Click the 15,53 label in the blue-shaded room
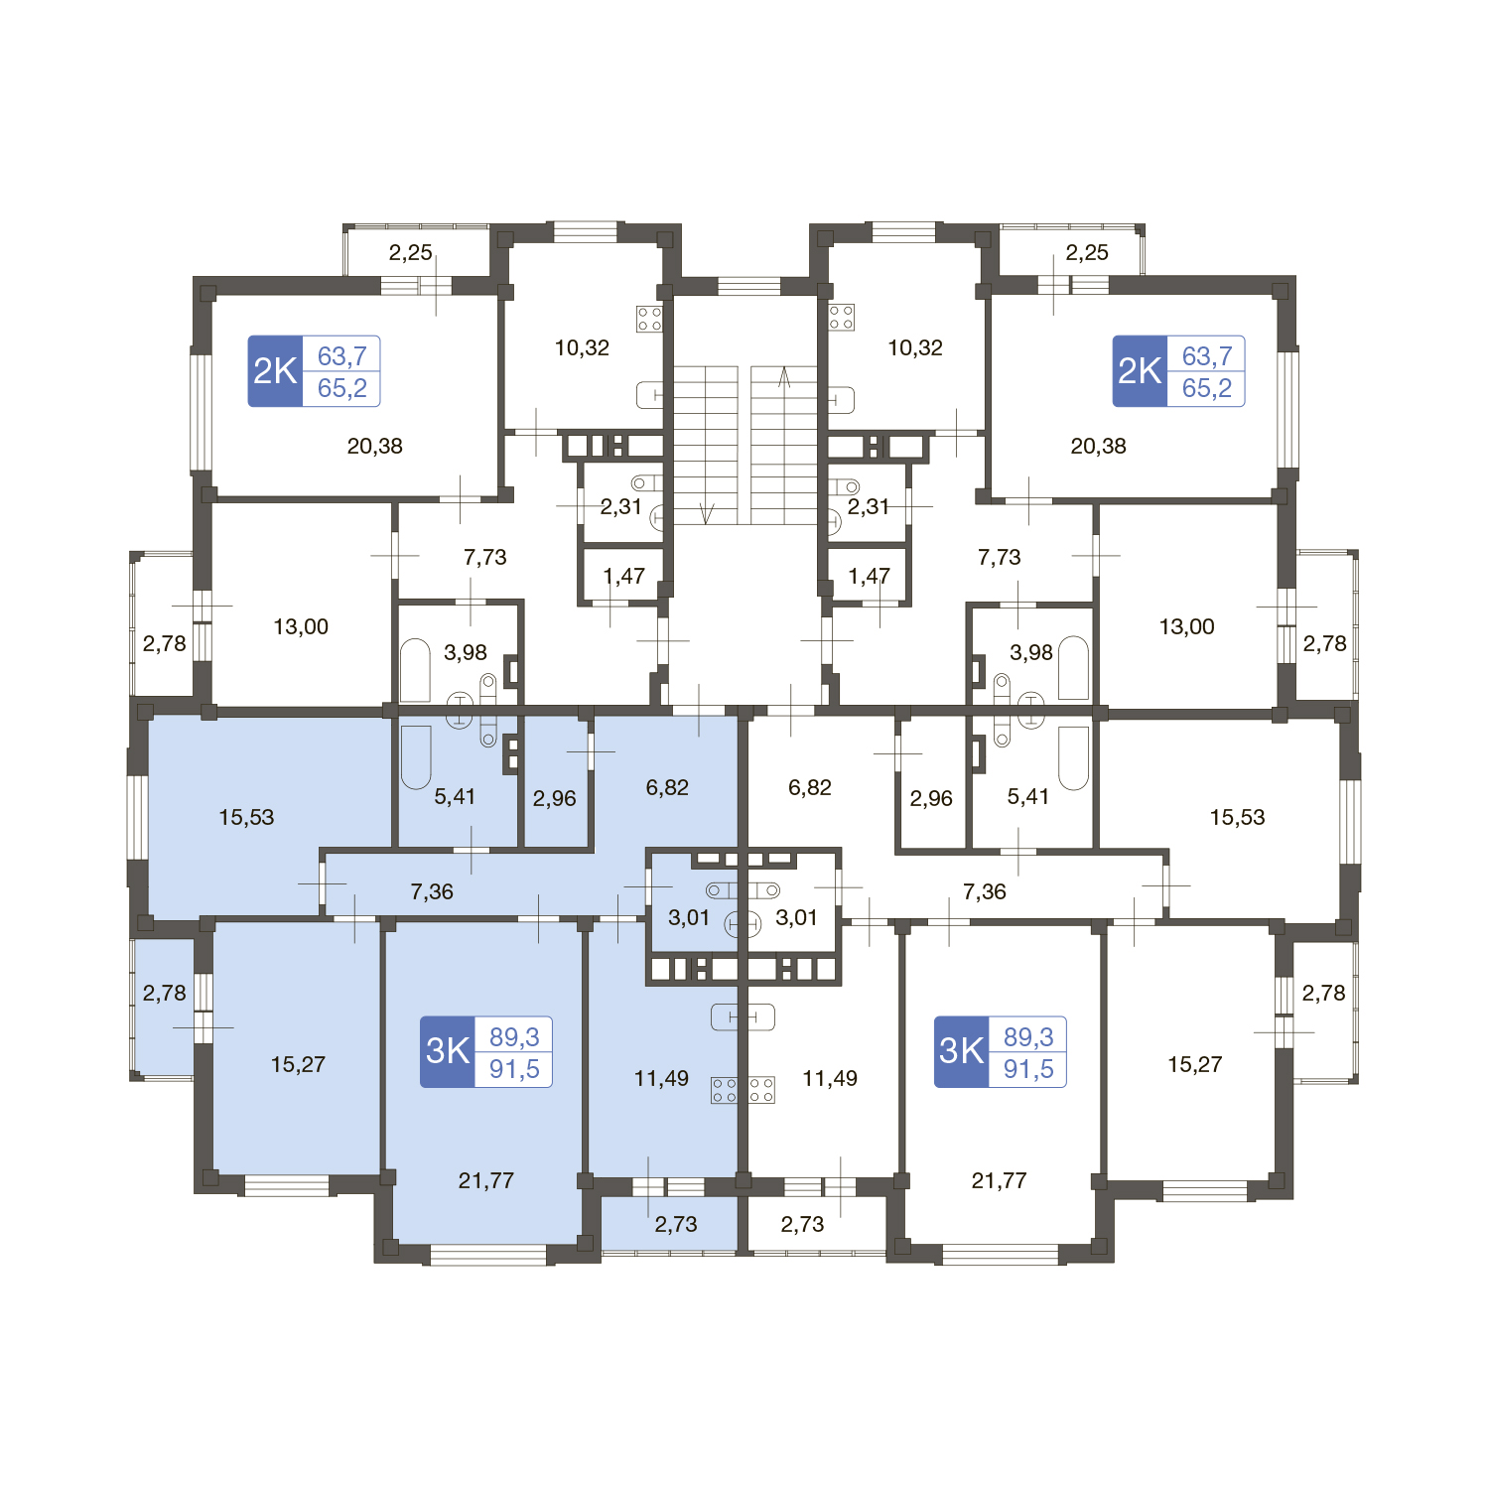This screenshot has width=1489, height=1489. click(246, 818)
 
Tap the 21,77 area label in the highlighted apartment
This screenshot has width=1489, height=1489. click(486, 1180)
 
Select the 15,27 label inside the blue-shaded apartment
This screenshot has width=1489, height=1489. click(298, 1065)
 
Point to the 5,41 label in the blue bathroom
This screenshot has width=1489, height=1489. click(455, 797)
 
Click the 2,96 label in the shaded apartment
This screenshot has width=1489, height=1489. click(554, 799)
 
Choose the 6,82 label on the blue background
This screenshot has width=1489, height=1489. click(667, 788)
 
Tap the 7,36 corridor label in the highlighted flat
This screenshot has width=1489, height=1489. click(432, 892)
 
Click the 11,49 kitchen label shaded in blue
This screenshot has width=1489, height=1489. click(661, 1079)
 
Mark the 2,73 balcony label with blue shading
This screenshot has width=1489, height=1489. click(676, 1225)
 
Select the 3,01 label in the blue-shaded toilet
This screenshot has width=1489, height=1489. click(689, 918)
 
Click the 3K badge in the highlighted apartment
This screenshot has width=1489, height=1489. click(448, 1051)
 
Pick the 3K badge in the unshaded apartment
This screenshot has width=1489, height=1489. click(962, 1051)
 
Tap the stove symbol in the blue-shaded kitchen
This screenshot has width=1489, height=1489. click(725, 1090)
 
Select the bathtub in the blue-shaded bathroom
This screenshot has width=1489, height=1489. click(416, 757)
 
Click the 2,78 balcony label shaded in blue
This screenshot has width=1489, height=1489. click(164, 994)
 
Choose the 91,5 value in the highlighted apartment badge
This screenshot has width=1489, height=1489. click(514, 1069)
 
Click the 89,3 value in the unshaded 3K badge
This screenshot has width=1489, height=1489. click(1028, 1036)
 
